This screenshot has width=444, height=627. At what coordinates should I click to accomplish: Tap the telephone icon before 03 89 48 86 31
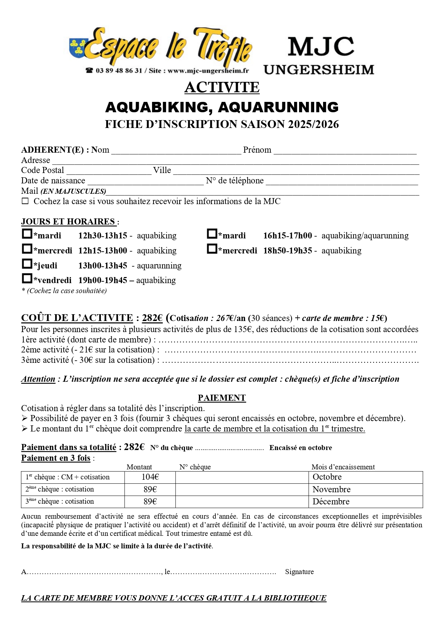pyautogui.click(x=89, y=70)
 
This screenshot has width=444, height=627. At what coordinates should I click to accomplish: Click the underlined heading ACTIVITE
pyautogui.click(x=222, y=88)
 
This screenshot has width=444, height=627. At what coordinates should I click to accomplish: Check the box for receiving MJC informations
pyautogui.click(x=25, y=201)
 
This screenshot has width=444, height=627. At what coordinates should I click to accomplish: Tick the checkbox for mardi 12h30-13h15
pyautogui.click(x=27, y=234)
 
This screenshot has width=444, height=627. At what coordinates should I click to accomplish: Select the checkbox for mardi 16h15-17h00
pyautogui.click(x=212, y=234)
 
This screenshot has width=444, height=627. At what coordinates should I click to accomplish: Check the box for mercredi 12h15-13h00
pyautogui.click(x=27, y=249)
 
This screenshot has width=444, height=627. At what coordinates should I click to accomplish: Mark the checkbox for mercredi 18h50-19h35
pyautogui.click(x=212, y=249)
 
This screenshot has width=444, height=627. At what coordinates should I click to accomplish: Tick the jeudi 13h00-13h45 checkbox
pyautogui.click(x=27, y=264)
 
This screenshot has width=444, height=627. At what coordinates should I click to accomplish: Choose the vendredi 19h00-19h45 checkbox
pyautogui.click(x=27, y=278)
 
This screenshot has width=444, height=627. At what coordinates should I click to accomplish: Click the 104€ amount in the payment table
pyautogui.click(x=150, y=477)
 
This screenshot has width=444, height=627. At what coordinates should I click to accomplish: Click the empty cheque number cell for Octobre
pyautogui.click(x=242, y=477)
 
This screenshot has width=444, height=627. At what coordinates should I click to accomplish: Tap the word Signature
pyautogui.click(x=299, y=572)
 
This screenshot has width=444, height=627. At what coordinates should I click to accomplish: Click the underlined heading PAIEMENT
pyautogui.click(x=222, y=398)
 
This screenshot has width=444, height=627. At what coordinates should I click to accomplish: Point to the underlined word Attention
pyautogui.click(x=38, y=379)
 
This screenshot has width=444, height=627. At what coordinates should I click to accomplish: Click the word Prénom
pyautogui.click(x=257, y=150)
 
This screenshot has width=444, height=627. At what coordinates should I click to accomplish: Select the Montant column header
pyautogui.click(x=139, y=467)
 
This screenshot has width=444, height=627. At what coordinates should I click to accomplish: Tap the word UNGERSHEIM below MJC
pyautogui.click(x=319, y=69)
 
